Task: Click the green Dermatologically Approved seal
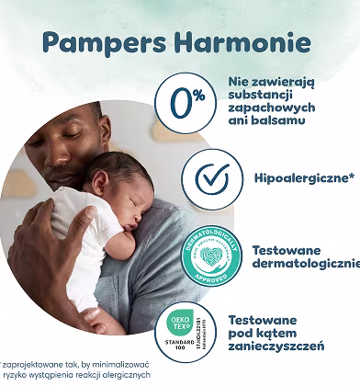217,248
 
